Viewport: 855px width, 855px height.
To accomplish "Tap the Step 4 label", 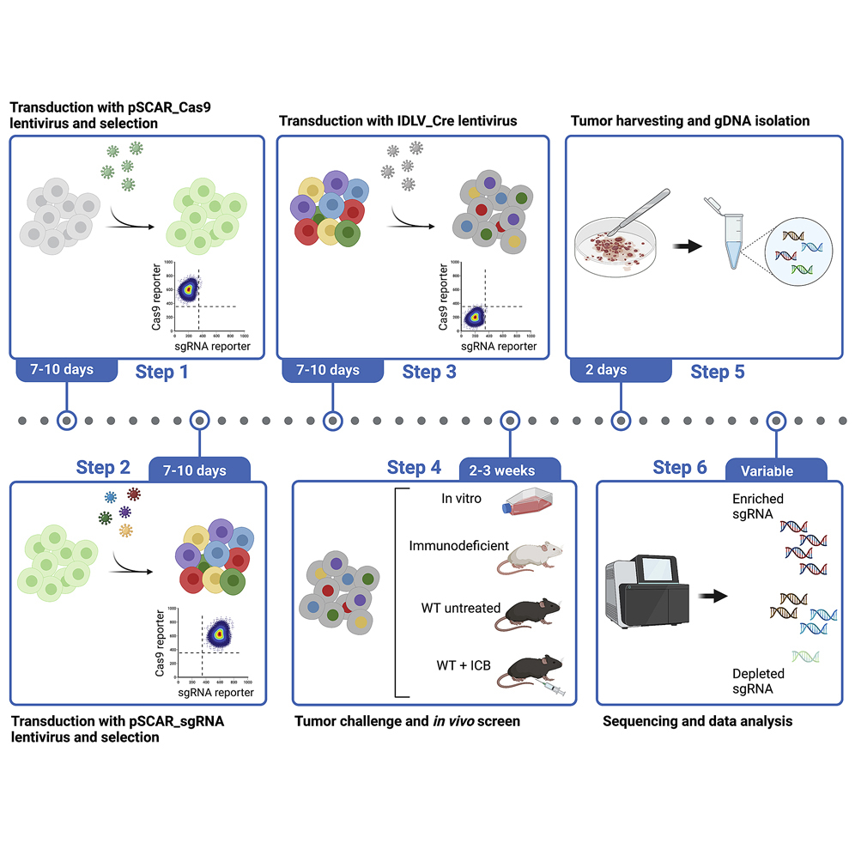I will (414, 468).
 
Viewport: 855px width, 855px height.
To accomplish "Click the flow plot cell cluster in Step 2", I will (220, 634).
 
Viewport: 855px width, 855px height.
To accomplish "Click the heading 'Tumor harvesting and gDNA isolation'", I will (689, 121).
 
